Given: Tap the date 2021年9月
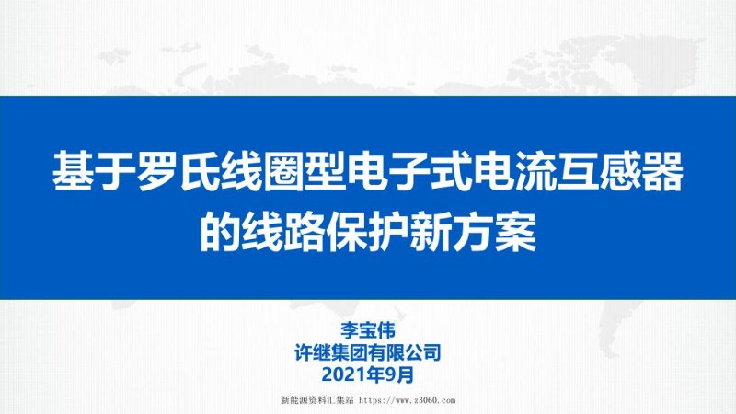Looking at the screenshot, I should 368,374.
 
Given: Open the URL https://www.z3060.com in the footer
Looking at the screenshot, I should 408,401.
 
